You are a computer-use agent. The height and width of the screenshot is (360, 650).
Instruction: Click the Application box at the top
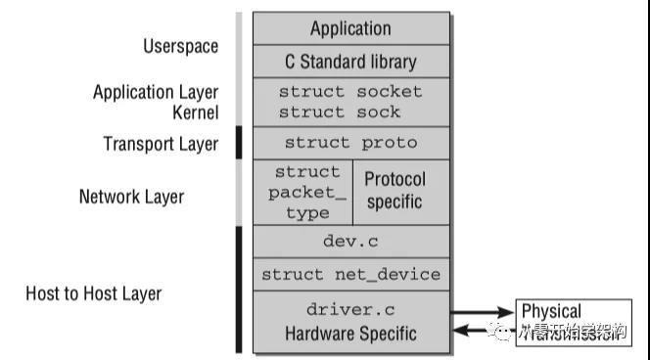pyautogui.click(x=350, y=28)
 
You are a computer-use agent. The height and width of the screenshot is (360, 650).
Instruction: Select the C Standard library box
pyautogui.click(x=350, y=62)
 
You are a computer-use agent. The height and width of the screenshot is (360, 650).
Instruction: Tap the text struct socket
pyautogui.click(x=350, y=92)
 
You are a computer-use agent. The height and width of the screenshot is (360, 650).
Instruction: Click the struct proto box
pyautogui.click(x=350, y=143)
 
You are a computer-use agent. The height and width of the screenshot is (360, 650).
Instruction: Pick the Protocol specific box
pyautogui.click(x=395, y=191)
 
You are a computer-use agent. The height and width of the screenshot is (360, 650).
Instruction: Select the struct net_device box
pyautogui.click(x=350, y=274)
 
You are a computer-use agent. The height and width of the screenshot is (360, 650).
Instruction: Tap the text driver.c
pyautogui.click(x=350, y=310)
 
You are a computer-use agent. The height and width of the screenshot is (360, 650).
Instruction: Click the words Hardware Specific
pyautogui.click(x=350, y=334)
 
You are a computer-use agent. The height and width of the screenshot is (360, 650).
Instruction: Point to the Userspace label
pyautogui.click(x=180, y=46)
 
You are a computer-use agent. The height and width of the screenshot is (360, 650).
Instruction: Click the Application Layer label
pyautogui.click(x=156, y=93)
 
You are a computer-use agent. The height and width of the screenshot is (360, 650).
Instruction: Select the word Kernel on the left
pyautogui.click(x=195, y=112)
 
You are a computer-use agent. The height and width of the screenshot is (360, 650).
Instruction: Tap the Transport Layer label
pyautogui.click(x=161, y=144)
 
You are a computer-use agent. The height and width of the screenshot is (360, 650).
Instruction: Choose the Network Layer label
pyautogui.click(x=131, y=197)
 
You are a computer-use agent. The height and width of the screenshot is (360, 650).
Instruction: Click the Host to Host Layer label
pyautogui.click(x=94, y=292)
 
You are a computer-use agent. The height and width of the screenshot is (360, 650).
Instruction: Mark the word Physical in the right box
pyautogui.click(x=551, y=312)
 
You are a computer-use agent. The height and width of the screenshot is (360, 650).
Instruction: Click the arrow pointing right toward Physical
pyautogui.click(x=483, y=313)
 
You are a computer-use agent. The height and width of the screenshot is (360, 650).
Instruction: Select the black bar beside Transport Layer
pyautogui.click(x=239, y=143)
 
